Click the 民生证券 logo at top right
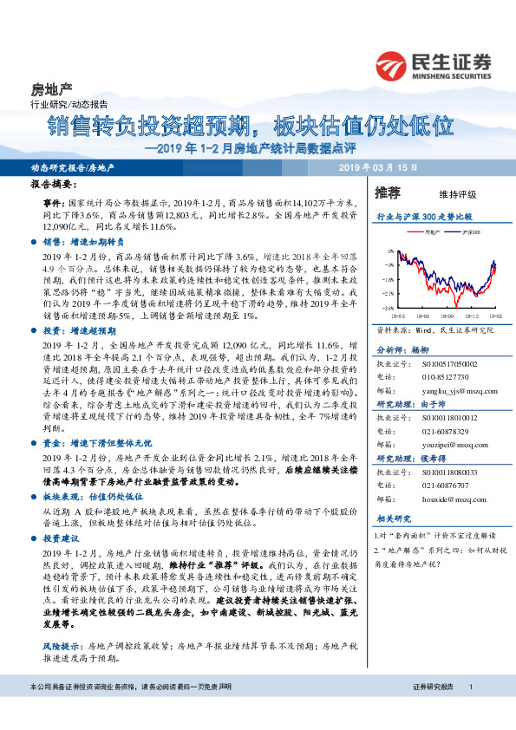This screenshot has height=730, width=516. pyautogui.click(x=434, y=64)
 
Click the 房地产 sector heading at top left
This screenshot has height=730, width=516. pyautogui.click(x=51, y=89)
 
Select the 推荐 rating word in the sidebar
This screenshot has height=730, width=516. pyautogui.click(x=388, y=192)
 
